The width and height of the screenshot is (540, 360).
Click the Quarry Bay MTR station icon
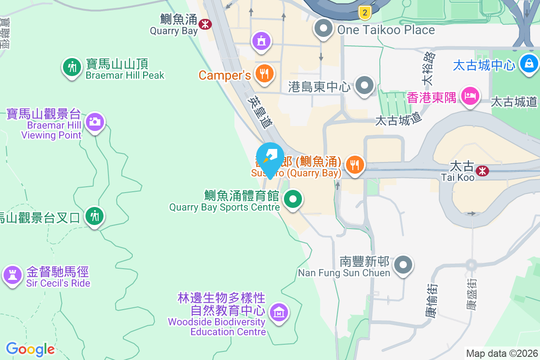(205, 23)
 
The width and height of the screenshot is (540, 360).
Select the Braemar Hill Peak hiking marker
(72, 67)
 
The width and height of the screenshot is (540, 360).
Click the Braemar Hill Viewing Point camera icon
(94, 121)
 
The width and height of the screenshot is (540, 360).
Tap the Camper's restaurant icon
(264, 73)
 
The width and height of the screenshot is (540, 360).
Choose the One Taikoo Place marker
(323, 29)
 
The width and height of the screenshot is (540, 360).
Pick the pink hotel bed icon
(470, 95)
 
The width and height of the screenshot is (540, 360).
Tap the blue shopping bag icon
(529, 63)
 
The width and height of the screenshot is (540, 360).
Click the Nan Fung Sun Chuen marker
(403, 265)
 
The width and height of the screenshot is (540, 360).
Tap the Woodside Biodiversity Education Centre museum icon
(279, 311)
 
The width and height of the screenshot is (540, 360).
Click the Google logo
(30, 349)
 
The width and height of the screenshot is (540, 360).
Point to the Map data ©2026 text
(501, 353)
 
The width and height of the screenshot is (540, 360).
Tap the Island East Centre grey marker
(364, 85)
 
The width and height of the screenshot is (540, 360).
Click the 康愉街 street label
(430, 300)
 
